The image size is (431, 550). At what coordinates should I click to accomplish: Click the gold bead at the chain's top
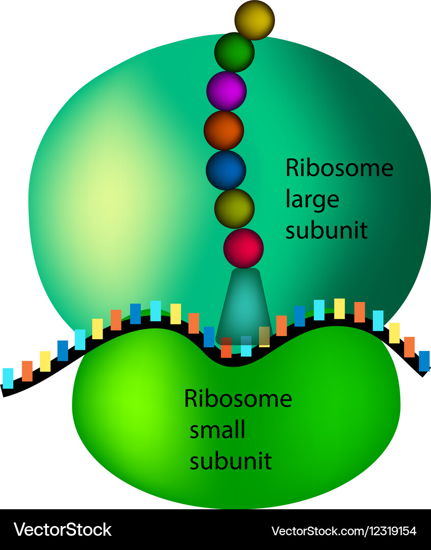click(255, 20)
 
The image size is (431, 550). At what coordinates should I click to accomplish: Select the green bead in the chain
click(234, 52)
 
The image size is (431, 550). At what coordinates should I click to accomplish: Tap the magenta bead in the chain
click(226, 91)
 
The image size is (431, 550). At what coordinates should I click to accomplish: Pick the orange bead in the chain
click(224, 130)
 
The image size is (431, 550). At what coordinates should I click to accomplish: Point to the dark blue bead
click(226, 170)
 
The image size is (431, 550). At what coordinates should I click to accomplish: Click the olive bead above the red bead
click(234, 208)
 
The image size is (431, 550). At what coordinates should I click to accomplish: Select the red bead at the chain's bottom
click(243, 248)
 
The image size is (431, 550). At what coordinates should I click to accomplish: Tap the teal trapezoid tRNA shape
click(243, 306)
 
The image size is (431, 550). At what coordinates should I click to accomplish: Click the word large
click(312, 199)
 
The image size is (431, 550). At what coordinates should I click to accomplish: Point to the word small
click(217, 430)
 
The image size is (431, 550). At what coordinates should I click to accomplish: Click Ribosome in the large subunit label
click(339, 168)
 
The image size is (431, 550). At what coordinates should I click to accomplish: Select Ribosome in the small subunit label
click(238, 398)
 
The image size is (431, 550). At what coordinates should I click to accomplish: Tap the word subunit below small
click(231, 461)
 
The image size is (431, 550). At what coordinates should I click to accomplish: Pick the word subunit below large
click(326, 230)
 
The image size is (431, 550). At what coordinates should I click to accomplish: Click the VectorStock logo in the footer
click(62, 530)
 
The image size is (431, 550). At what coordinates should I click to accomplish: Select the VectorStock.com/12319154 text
click(344, 531)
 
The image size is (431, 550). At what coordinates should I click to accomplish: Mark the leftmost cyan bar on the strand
click(8, 378)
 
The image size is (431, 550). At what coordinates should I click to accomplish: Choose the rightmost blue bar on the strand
click(424, 361)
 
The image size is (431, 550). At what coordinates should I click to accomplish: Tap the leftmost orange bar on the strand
click(27, 371)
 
